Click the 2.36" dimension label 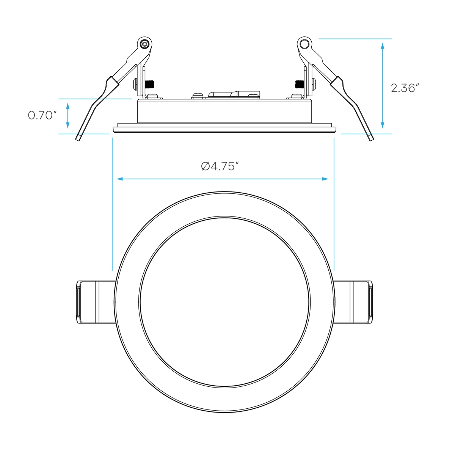(x=405, y=88)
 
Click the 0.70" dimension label (x=42, y=115)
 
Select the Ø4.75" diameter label (x=218, y=166)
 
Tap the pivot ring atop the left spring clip (x=144, y=44)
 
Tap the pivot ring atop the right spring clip (x=304, y=44)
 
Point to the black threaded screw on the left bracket (x=150, y=84)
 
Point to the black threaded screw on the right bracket (x=300, y=84)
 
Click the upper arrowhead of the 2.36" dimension (x=383, y=45)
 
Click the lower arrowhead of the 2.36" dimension (x=383, y=125)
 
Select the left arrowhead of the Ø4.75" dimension (x=120, y=179)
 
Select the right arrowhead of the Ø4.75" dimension (x=325, y=179)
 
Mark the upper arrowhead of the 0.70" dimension (x=68, y=106)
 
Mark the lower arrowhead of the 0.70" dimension (x=68, y=125)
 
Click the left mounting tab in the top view (x=96, y=302)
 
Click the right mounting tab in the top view (x=353, y=302)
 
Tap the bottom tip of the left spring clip (x=78, y=140)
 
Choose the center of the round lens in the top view (x=224, y=302)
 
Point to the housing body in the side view (x=224, y=111)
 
